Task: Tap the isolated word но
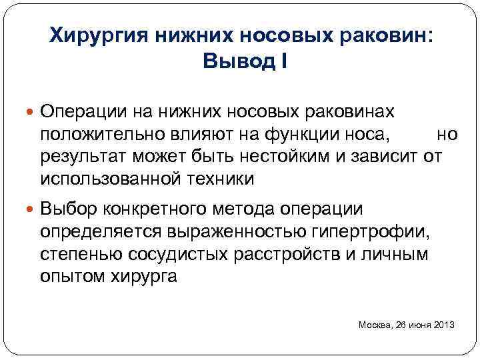(447, 134)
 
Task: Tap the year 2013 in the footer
(443, 325)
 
